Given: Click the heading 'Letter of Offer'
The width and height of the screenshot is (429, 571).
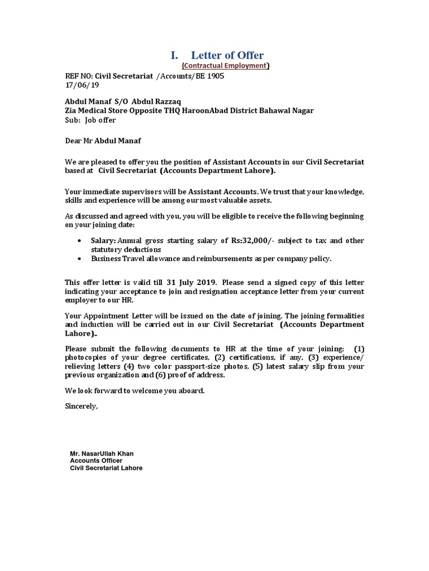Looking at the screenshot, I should (227, 55).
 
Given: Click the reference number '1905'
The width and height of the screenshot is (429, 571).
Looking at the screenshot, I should (214, 76).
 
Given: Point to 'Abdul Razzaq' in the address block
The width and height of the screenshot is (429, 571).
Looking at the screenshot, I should (154, 101).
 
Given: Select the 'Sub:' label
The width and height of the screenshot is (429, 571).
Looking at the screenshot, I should (73, 119).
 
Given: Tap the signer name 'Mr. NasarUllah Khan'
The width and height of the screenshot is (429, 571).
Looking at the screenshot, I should (102, 454).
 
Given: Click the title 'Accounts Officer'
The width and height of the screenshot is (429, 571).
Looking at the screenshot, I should (96, 461).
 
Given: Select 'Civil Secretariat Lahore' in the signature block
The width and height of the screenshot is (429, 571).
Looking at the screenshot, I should (106, 468).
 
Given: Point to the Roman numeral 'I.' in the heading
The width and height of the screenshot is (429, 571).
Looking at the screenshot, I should (174, 55).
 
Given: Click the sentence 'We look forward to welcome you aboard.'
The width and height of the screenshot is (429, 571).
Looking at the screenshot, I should (135, 391).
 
